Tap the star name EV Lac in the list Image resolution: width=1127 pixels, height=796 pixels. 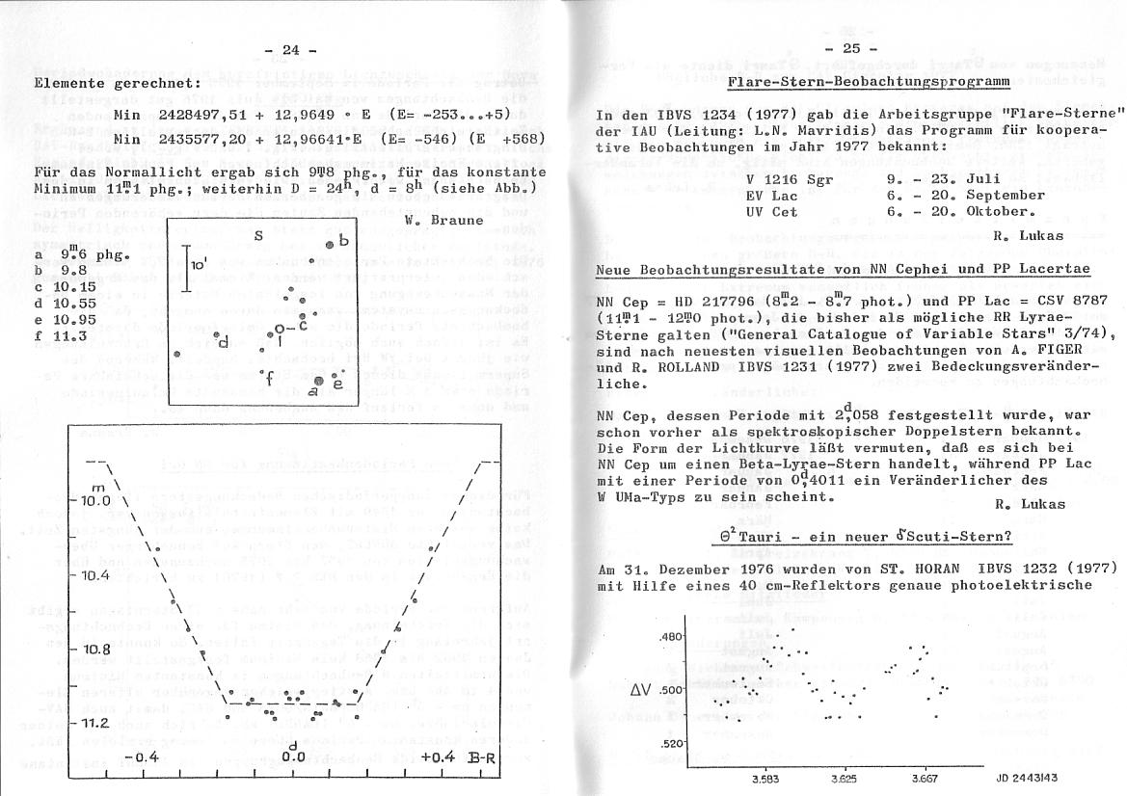click(x=766, y=195)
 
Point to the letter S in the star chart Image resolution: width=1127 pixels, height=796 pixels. click(x=258, y=234)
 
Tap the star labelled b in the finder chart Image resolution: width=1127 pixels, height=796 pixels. click(x=330, y=244)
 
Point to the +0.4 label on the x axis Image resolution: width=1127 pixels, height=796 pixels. click(x=441, y=756)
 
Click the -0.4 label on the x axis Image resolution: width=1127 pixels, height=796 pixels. click(x=141, y=756)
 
